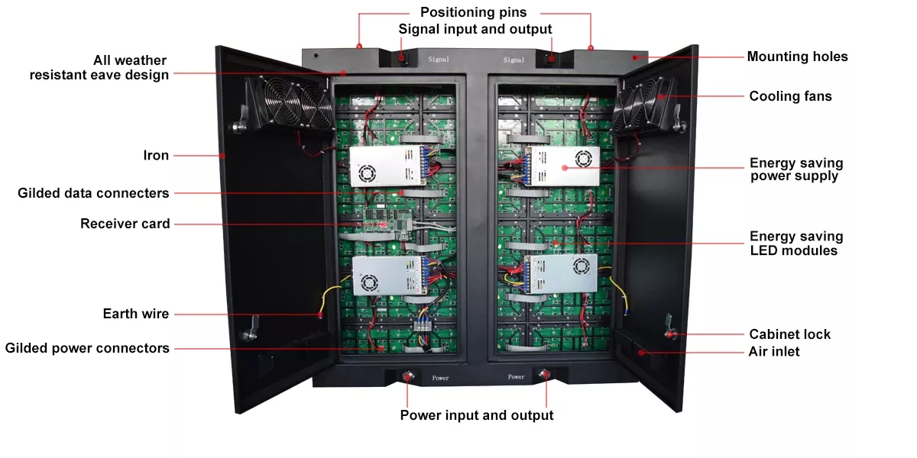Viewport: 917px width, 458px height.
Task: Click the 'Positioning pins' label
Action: (x=474, y=12)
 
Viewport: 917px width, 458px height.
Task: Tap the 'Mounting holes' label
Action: (x=797, y=56)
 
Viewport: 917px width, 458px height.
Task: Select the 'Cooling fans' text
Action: (x=790, y=96)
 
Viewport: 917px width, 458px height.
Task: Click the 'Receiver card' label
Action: (x=125, y=224)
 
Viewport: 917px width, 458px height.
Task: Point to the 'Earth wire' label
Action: (x=136, y=314)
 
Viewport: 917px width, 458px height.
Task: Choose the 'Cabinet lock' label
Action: (x=789, y=334)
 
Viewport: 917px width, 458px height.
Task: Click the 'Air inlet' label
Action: (x=774, y=352)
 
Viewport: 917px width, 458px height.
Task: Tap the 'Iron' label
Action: (x=156, y=155)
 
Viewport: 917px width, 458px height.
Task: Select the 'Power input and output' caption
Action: (x=477, y=415)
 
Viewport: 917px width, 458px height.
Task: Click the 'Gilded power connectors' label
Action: (x=87, y=348)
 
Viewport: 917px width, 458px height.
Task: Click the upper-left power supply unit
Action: (x=386, y=166)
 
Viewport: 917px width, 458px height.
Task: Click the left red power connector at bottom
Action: (x=406, y=376)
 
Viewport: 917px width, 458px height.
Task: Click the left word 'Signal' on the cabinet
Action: (x=439, y=59)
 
